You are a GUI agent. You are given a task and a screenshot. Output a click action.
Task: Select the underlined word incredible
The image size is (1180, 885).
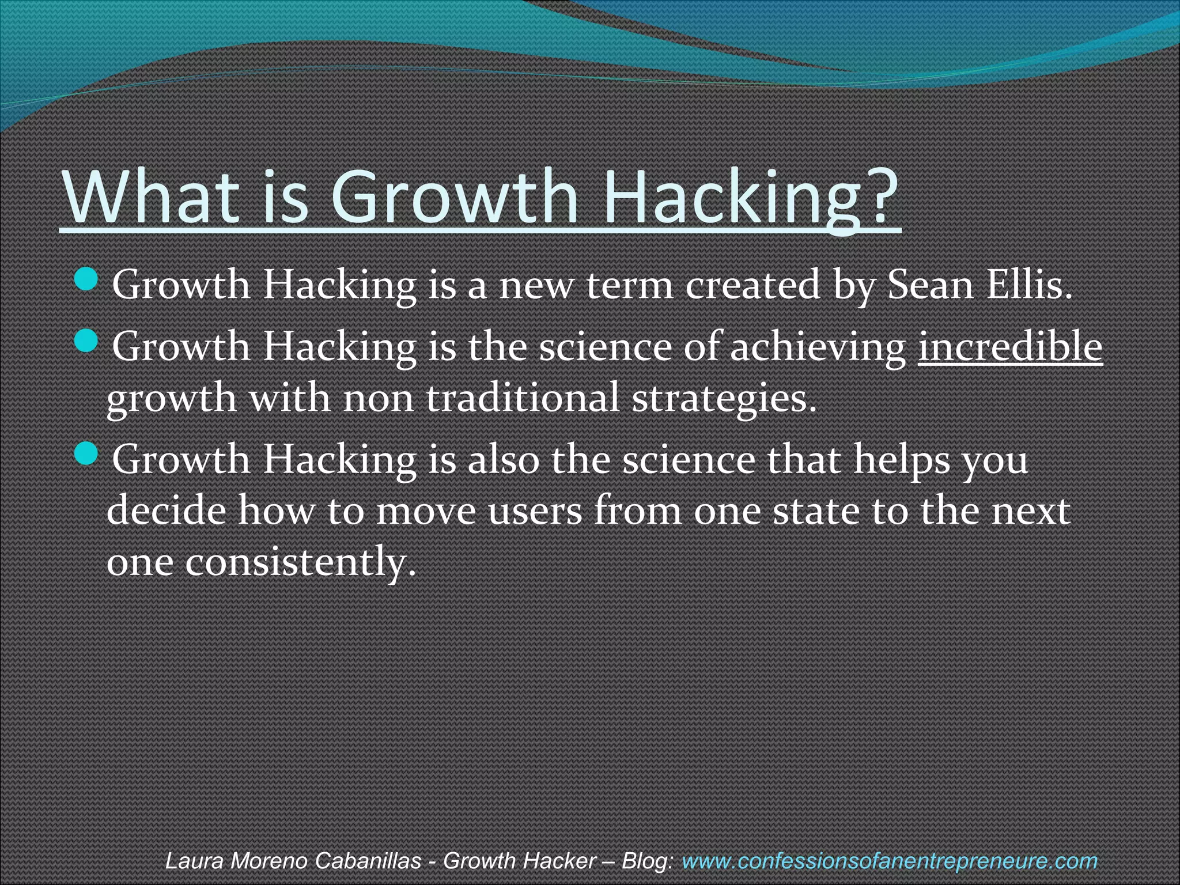[x=1009, y=347]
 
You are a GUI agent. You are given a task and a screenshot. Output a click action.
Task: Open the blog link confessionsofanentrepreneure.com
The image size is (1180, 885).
[x=889, y=861]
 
